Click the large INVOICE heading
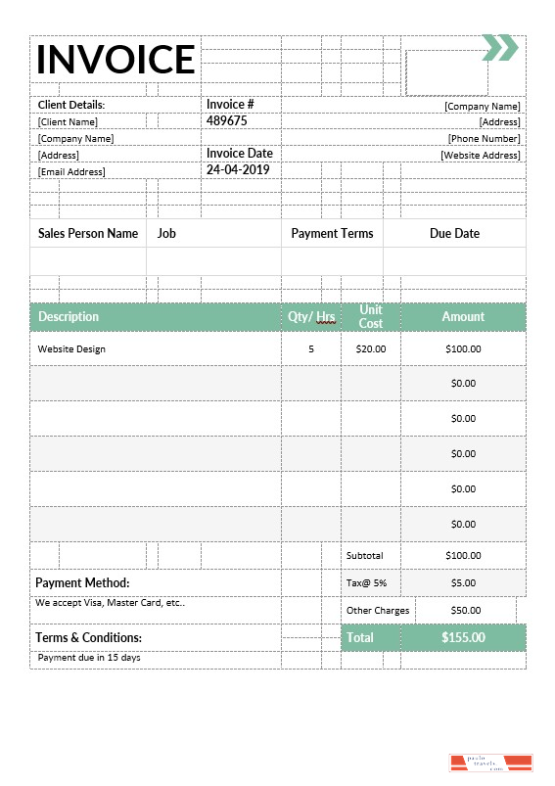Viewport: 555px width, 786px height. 116,60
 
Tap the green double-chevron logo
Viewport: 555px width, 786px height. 499,47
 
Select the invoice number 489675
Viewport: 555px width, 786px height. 226,121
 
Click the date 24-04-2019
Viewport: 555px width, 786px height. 237,169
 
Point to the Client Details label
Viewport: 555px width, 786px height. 71,105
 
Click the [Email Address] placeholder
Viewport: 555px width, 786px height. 71,171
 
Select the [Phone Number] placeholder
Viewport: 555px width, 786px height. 484,138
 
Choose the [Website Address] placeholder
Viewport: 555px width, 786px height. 480,155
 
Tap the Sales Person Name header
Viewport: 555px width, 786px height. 88,234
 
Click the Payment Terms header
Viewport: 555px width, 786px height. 332,234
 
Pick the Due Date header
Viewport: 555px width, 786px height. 454,234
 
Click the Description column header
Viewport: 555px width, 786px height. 69,316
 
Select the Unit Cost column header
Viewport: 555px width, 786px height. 371,316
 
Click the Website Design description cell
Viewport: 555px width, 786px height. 71,348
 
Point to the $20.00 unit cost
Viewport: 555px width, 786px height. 371,348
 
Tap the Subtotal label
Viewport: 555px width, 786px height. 365,555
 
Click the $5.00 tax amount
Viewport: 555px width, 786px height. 463,582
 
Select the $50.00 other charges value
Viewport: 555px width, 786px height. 465,610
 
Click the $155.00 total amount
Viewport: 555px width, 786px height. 463,637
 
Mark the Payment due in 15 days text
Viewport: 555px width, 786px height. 89,657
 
